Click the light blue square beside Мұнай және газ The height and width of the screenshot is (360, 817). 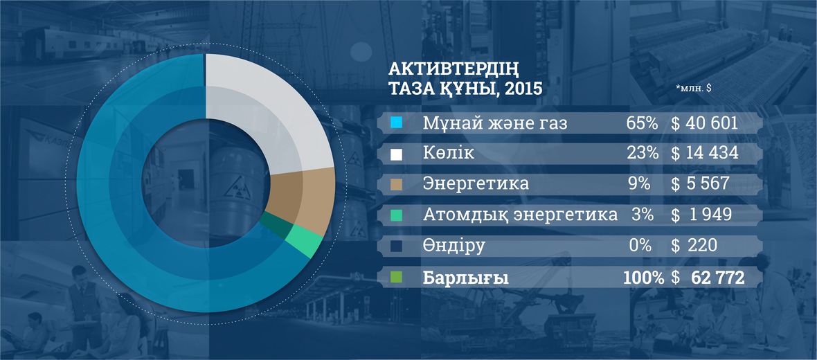[397, 123]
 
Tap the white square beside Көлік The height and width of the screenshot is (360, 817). [397, 154]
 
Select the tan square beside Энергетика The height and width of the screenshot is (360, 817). [397, 184]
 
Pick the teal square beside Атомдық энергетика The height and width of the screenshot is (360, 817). [397, 215]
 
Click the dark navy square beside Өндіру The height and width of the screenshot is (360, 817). [397, 246]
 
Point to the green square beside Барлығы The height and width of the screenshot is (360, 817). [397, 278]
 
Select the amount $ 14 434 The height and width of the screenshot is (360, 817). [704, 153]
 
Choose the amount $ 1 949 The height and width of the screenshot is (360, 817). [701, 215]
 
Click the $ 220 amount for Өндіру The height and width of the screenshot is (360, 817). [694, 245]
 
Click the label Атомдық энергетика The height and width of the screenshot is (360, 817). [520, 215]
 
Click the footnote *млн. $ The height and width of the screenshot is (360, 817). [694, 89]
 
